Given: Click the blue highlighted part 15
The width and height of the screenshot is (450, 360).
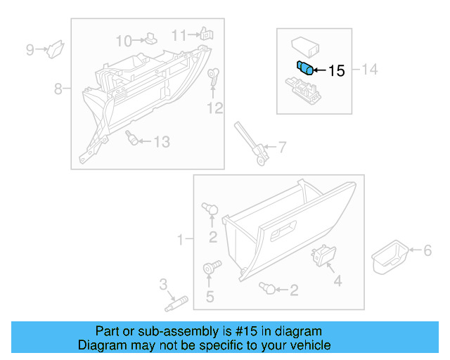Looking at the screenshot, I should point(305,67).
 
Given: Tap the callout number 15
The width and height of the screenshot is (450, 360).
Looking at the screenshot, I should point(337,70).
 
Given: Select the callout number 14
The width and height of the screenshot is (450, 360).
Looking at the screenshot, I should point(370,69).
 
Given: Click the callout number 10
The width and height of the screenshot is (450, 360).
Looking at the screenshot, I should point(124,40).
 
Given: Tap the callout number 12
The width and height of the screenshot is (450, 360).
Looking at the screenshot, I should point(214,108).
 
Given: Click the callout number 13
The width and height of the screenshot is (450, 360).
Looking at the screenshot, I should point(162,142).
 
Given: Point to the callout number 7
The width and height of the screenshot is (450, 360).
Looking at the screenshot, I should point(282,148).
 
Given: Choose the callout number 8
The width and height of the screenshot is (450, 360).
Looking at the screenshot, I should point(58,89).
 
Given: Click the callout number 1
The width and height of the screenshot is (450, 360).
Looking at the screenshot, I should point(180,240).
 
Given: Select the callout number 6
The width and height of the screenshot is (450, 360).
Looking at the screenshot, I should point(426,250).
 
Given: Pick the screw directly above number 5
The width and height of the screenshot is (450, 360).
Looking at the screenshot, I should point(210,267).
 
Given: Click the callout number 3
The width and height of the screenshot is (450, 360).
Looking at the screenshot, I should point(163,284).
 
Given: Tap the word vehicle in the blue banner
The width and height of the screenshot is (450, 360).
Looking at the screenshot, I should point(308,345).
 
